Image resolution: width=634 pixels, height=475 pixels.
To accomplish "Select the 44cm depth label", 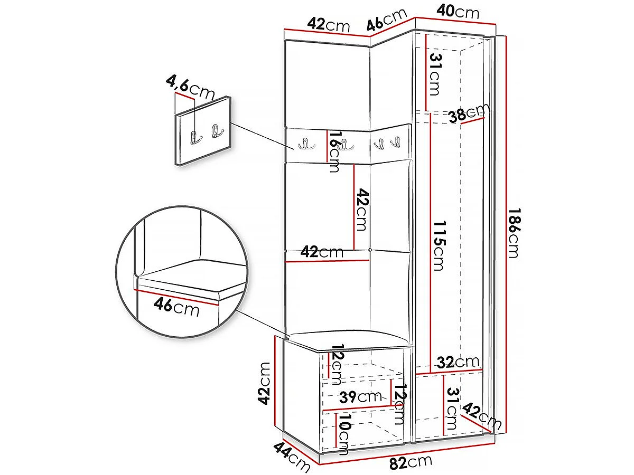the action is tap(292, 460).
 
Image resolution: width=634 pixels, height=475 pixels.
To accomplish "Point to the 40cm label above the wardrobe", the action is tap(458, 13).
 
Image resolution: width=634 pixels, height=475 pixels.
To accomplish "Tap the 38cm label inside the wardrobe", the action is tap(469, 113).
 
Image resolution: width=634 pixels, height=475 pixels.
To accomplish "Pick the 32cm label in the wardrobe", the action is tap(458, 363).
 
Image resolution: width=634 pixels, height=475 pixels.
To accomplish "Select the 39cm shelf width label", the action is tap(360, 397).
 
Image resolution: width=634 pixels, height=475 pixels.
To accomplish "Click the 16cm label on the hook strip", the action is tap(334, 151).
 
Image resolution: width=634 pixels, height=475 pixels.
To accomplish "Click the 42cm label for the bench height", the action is tap(264, 383).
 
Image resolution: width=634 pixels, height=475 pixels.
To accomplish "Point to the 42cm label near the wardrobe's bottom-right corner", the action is tap(481, 415).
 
